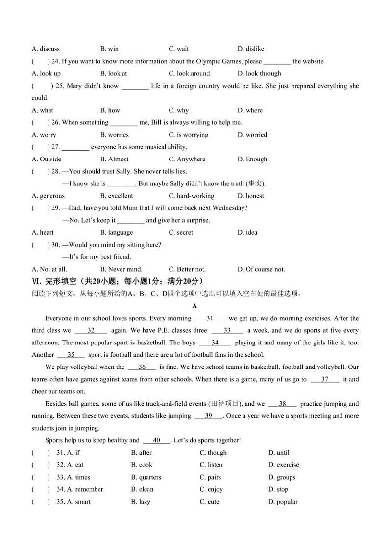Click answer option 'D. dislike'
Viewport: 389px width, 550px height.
(250, 49)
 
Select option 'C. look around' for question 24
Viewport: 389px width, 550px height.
(189, 73)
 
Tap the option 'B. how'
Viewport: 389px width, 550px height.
(110, 110)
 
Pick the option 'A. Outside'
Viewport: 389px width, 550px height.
(47, 159)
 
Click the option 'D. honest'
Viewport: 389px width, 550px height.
(250, 196)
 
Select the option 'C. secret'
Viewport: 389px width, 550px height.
(181, 232)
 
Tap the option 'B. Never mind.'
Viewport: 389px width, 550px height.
(121, 269)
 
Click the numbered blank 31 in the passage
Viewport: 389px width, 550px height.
(210, 318)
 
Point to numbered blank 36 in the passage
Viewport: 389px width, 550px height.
(142, 367)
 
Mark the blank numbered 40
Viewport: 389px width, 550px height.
(157, 440)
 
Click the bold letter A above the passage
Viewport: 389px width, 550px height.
(194, 306)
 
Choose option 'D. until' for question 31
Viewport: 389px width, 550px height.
(279, 453)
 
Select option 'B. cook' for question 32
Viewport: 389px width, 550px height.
(142, 465)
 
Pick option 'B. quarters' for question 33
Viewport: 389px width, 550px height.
(146, 477)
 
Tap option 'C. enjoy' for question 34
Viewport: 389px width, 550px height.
(211, 489)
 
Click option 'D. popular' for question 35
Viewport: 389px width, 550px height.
(283, 502)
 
